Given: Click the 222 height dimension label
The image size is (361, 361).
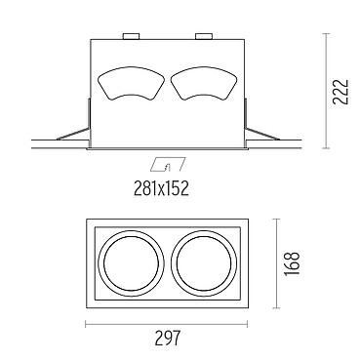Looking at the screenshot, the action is coord(341,92).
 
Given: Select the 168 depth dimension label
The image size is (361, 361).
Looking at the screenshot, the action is coord(292,263).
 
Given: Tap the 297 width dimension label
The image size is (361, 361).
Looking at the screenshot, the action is coord(167,338).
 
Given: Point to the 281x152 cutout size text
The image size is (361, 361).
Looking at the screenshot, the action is coord(161,188).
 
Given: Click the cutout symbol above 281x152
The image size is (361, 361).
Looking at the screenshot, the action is coord(168,165).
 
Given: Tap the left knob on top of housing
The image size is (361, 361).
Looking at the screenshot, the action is coord(131,36).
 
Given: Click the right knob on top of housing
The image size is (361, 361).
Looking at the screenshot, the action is coord(204,36).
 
